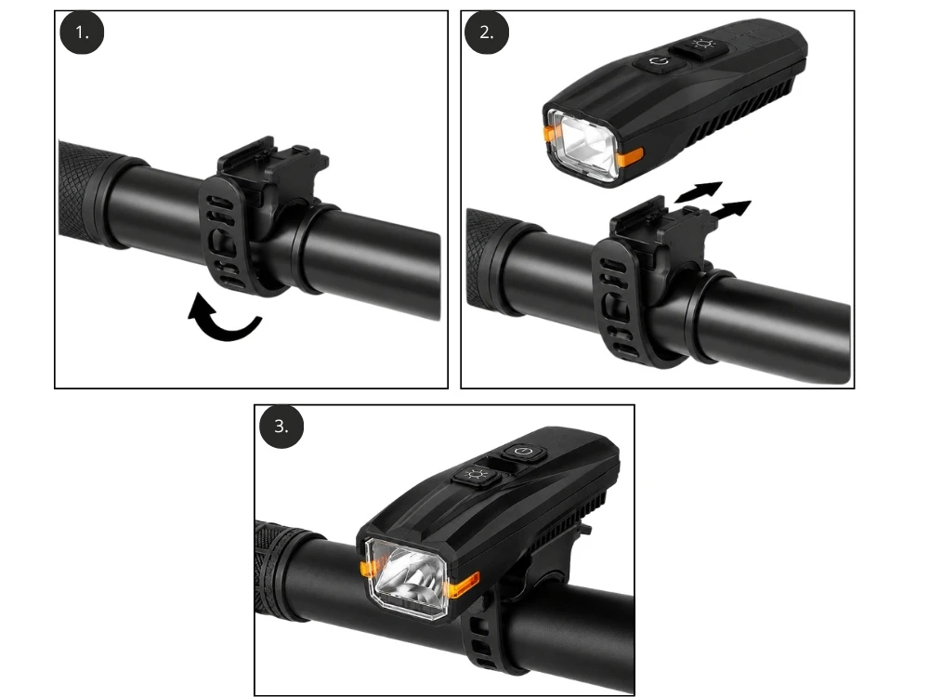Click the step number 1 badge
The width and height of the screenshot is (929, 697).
[82, 33]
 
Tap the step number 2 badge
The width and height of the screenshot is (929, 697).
[487, 33]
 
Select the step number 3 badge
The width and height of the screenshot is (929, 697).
[281, 427]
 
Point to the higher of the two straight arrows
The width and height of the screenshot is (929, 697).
[699, 191]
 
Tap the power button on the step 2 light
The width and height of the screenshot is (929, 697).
[659, 61]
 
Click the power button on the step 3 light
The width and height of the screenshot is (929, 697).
[523, 453]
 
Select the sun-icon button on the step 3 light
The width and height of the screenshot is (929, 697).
[475, 476]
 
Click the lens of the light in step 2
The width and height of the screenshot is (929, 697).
[583, 144]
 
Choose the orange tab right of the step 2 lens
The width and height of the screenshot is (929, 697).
[631, 157]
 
